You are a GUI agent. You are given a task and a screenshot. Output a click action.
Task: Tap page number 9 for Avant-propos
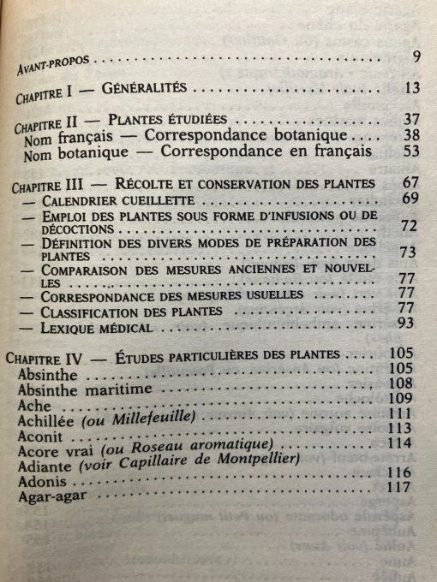[414, 57]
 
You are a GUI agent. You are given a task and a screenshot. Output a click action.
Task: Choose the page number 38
[410, 136]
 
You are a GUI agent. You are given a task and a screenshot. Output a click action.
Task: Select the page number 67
[410, 183]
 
